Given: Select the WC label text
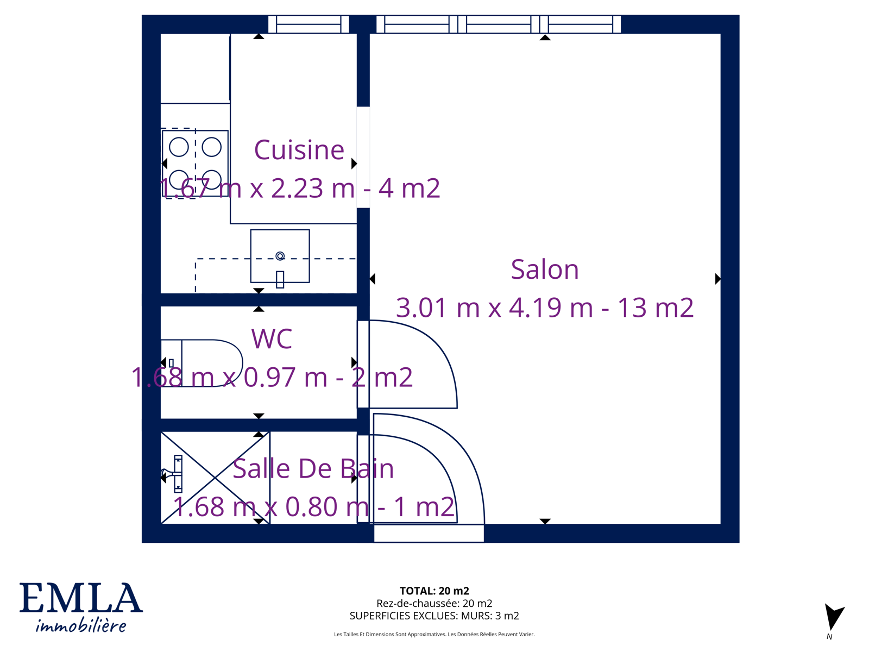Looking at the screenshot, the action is (x=272, y=339).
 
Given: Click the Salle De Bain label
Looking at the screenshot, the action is (x=313, y=469).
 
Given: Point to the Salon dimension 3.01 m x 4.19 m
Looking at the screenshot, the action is (x=494, y=308).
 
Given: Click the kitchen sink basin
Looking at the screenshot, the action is (x=280, y=256).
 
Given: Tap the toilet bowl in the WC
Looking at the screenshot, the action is (x=202, y=362).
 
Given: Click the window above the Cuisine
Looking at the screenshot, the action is (x=308, y=24).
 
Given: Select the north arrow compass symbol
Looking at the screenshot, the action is (x=834, y=617).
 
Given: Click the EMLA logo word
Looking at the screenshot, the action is (x=81, y=598).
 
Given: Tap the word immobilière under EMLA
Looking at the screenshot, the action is (x=81, y=626).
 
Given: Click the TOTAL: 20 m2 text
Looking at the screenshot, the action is (x=434, y=591).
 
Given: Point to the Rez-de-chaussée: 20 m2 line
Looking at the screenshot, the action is (x=434, y=603).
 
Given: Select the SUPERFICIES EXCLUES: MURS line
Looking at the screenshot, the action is (x=434, y=616).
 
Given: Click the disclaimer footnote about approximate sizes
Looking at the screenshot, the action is (x=434, y=634).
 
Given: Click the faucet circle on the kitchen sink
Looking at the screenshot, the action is (x=280, y=256).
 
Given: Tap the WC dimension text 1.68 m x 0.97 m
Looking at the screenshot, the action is (x=229, y=377).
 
